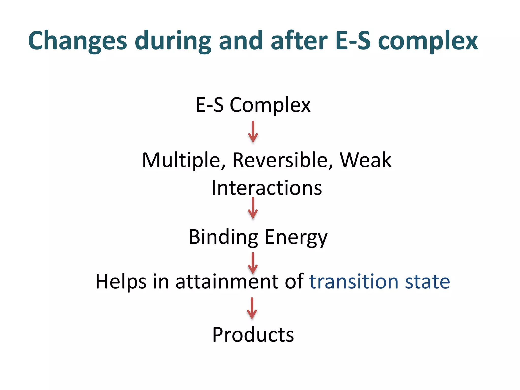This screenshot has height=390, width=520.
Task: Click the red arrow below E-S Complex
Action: [x=253, y=132]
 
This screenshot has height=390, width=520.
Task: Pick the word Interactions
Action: [x=267, y=188]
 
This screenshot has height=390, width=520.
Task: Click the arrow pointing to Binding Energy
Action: [x=253, y=208]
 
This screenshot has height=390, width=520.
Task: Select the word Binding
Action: [x=223, y=237]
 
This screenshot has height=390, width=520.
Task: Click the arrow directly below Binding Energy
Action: [x=253, y=263]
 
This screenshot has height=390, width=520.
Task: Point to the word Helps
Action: [x=121, y=282]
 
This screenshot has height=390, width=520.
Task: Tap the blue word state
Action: [x=427, y=282]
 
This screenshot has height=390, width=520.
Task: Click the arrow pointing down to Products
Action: [x=252, y=308]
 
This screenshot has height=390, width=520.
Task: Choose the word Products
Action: [x=253, y=335]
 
